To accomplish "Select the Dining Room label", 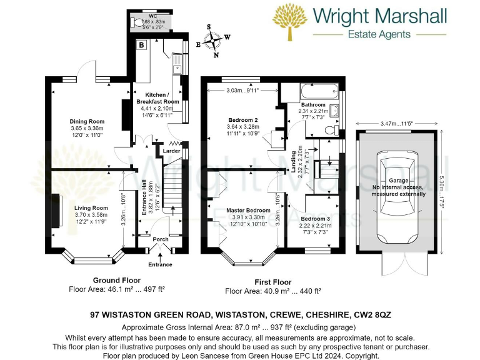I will pyautogui.click(x=87, y=121).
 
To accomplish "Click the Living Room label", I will pyautogui.click(x=91, y=208).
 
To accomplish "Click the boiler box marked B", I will pyautogui.click(x=142, y=45).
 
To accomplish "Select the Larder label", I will pyautogui.click(x=171, y=151).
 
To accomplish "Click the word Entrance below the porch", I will pyautogui.click(x=160, y=265).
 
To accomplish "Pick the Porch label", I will pyautogui.click(x=161, y=239).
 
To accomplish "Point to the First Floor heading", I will pyautogui.click(x=272, y=282).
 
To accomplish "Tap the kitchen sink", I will pyautogui.click(x=177, y=62).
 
